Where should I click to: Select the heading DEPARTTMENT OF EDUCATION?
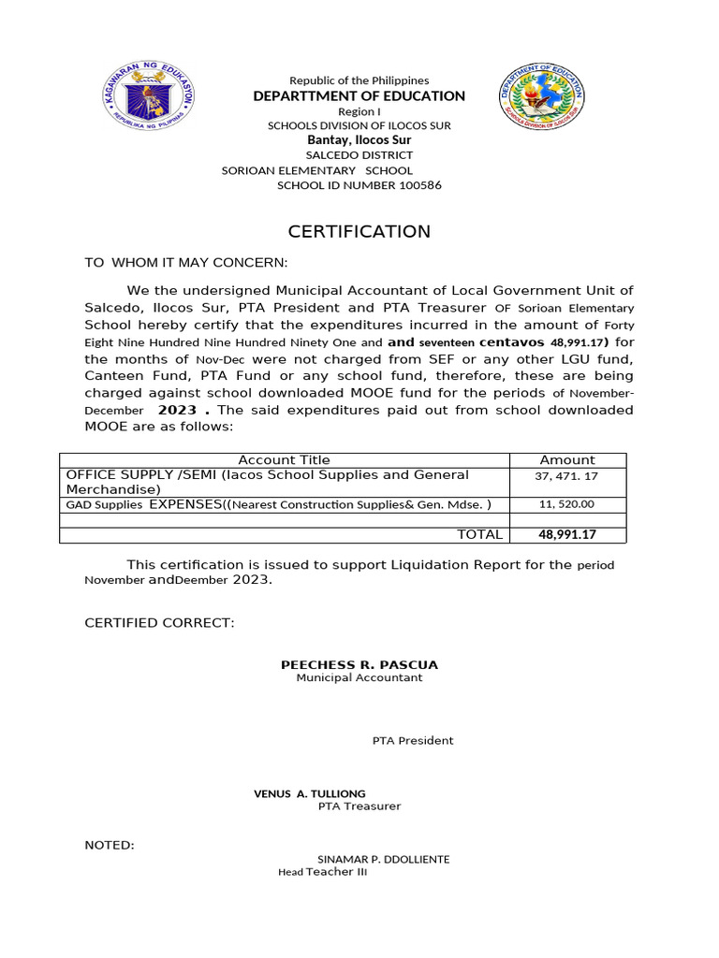pyautogui.click(x=359, y=96)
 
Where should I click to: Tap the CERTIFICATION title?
pyautogui.click(x=359, y=232)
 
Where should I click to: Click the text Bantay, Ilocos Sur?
pyautogui.click(x=359, y=139)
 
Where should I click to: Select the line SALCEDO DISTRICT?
pyautogui.click(x=359, y=154)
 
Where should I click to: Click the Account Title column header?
pyautogui.click(x=285, y=459)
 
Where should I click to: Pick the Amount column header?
pyautogui.click(x=567, y=459)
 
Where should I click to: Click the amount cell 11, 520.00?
pyautogui.click(x=567, y=504)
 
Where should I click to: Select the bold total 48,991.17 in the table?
pyautogui.click(x=567, y=535)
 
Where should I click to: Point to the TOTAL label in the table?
pyautogui.click(x=479, y=535)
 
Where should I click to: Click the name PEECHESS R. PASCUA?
pyautogui.click(x=359, y=664)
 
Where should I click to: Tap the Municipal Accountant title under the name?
pyautogui.click(x=359, y=677)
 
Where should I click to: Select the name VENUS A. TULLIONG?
pyautogui.click(x=310, y=793)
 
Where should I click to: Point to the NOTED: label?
pyautogui.click(x=110, y=845)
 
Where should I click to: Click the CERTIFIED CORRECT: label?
pyautogui.click(x=160, y=622)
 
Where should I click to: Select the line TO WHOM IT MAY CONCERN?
pyautogui.click(x=187, y=263)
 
